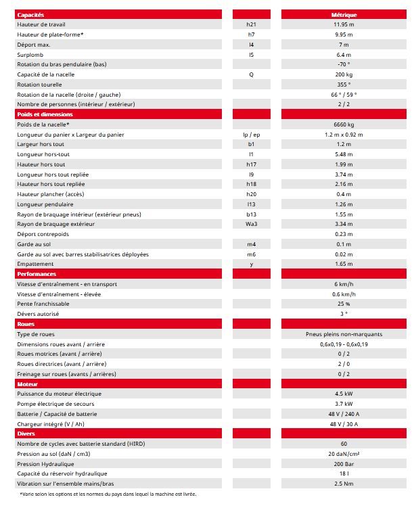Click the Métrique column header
coord(344,14)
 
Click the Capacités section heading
coord(30,14)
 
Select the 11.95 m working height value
coord(344,24)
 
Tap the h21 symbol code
coord(251,24)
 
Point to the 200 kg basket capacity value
coord(344,74)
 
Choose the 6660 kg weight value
coord(344,124)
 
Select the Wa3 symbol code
coord(251,224)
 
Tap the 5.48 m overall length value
coord(344,154)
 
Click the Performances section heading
coord(37,274)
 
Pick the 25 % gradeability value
coord(344,304)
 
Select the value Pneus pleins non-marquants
coord(344,334)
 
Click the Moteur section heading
coord(28,384)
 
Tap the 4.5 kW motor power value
coord(344,394)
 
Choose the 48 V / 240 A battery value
coord(344,413)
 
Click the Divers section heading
coord(26,433)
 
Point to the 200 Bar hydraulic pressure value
coord(344,463)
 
